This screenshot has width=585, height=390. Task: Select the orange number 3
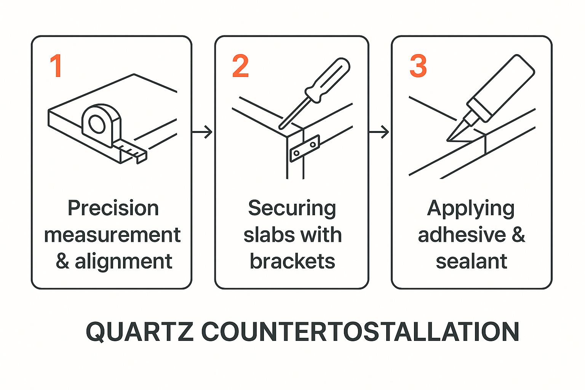click(418, 66)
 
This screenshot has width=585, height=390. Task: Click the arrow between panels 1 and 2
click(202, 132)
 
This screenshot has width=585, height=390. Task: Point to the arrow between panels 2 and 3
click(379, 132)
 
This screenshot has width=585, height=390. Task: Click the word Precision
click(113, 208)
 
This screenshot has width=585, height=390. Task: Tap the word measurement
click(112, 235)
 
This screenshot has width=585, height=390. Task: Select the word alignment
click(123, 261)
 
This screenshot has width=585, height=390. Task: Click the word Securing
click(292, 209)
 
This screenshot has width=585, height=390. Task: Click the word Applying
click(471, 209)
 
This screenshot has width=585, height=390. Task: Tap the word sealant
click(472, 261)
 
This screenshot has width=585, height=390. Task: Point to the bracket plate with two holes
click(305, 148)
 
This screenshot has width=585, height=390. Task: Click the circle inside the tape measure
click(97, 123)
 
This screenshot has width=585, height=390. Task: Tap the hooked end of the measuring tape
click(141, 158)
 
